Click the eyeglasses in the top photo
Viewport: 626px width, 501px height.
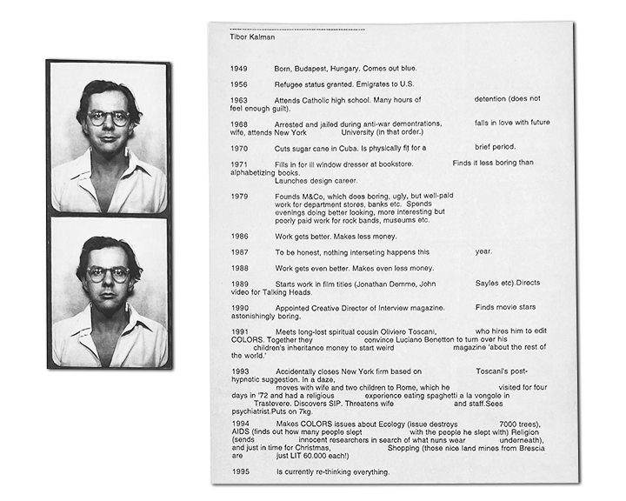(109, 117)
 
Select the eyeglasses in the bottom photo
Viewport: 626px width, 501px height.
(109, 274)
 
